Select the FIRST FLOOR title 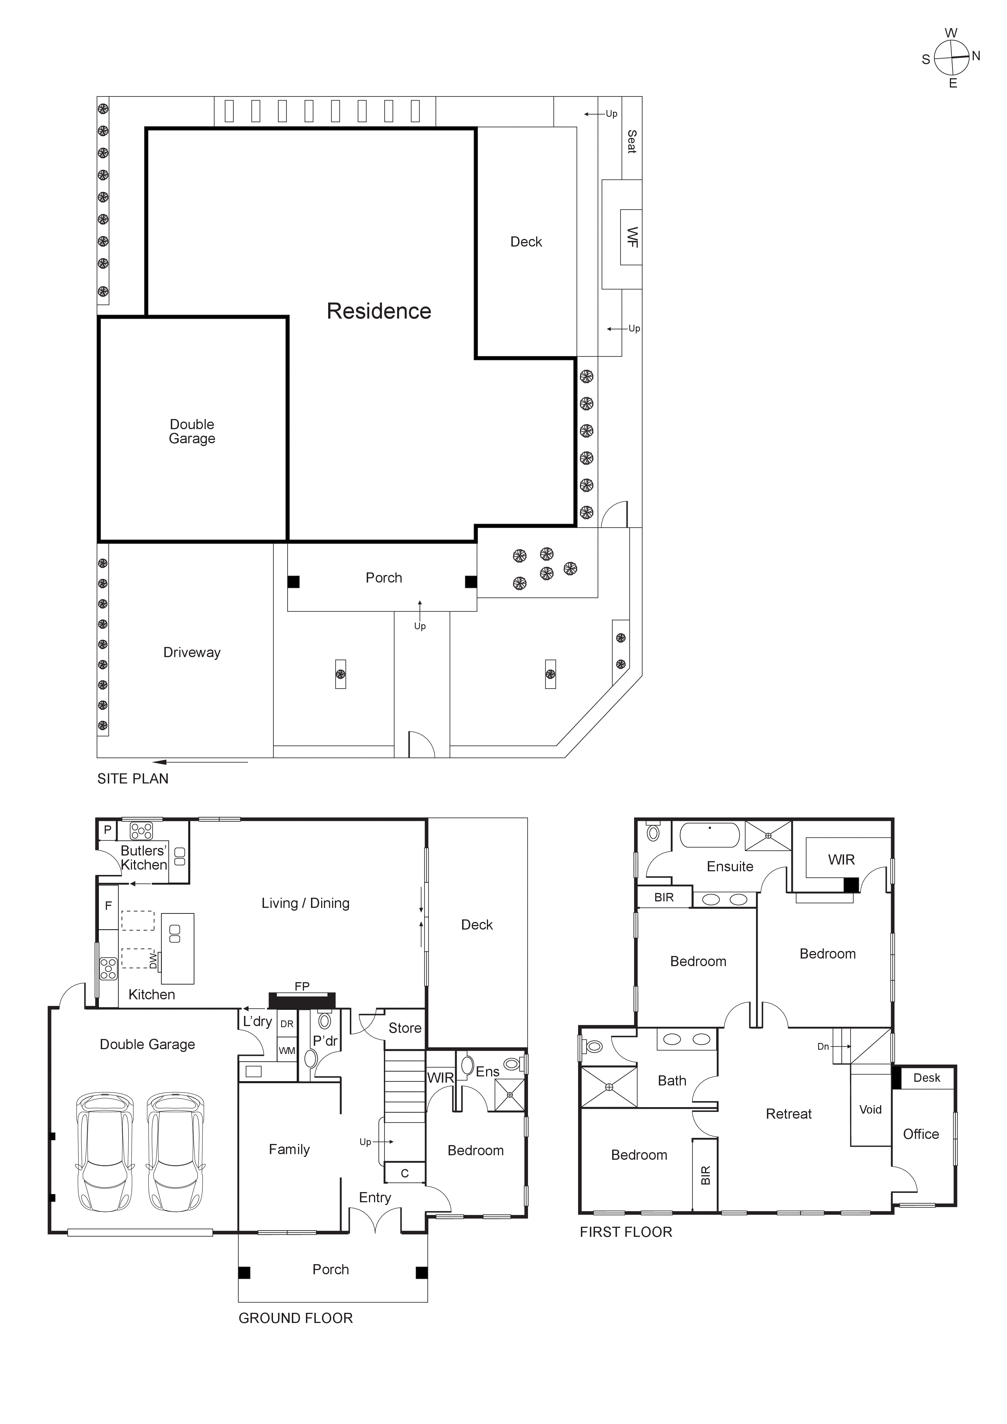626,1232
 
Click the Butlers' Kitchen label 144,858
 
